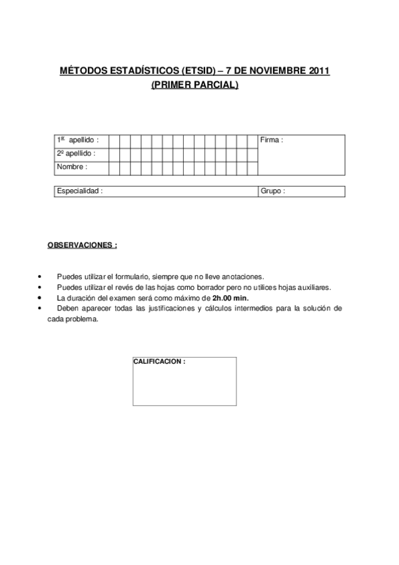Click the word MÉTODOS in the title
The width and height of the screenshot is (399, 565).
click(82, 70)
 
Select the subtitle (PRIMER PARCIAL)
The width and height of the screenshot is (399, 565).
click(195, 84)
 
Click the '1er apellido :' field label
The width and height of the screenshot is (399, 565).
click(77, 141)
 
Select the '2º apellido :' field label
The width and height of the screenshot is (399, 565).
click(76, 153)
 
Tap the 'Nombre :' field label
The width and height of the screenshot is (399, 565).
click(72, 167)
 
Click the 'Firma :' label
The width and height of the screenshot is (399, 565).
click(272, 141)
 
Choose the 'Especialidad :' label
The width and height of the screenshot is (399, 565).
click(80, 191)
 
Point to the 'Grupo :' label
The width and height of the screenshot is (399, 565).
click(273, 191)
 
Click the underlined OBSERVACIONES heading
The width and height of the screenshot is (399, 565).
click(82, 245)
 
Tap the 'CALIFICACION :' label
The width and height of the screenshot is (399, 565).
click(159, 361)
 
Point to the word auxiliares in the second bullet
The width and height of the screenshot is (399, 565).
click(314, 287)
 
